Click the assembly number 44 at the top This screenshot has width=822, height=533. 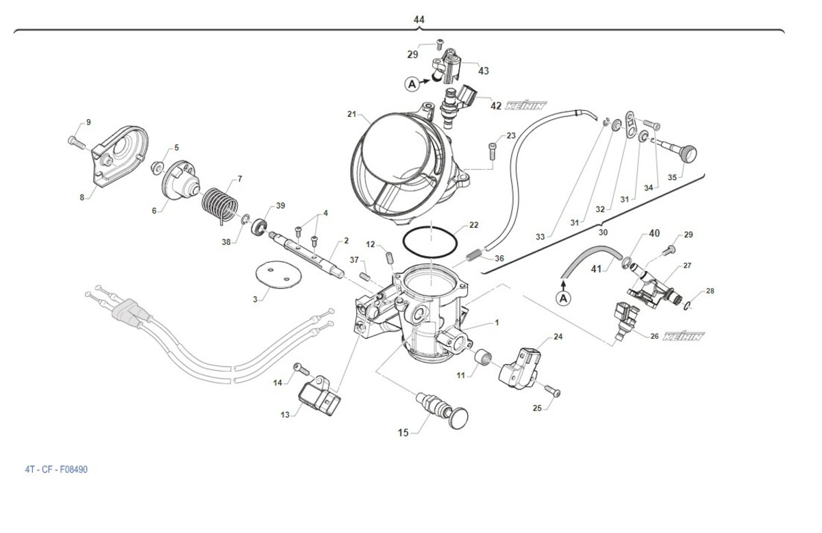pos(419,20)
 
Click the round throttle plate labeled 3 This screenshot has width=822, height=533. pos(271,278)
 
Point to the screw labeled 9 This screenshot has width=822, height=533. pos(75,142)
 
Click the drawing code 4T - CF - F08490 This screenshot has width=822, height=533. pos(56,469)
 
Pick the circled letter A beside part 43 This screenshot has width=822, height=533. pos(412,84)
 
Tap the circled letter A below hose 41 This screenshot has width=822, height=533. pos(564,298)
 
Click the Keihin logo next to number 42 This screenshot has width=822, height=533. pos(526,106)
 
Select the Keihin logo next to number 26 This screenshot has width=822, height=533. pos(684,336)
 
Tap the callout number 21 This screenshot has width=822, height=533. pos(351,114)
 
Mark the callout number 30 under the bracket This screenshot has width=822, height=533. pos(603,232)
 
